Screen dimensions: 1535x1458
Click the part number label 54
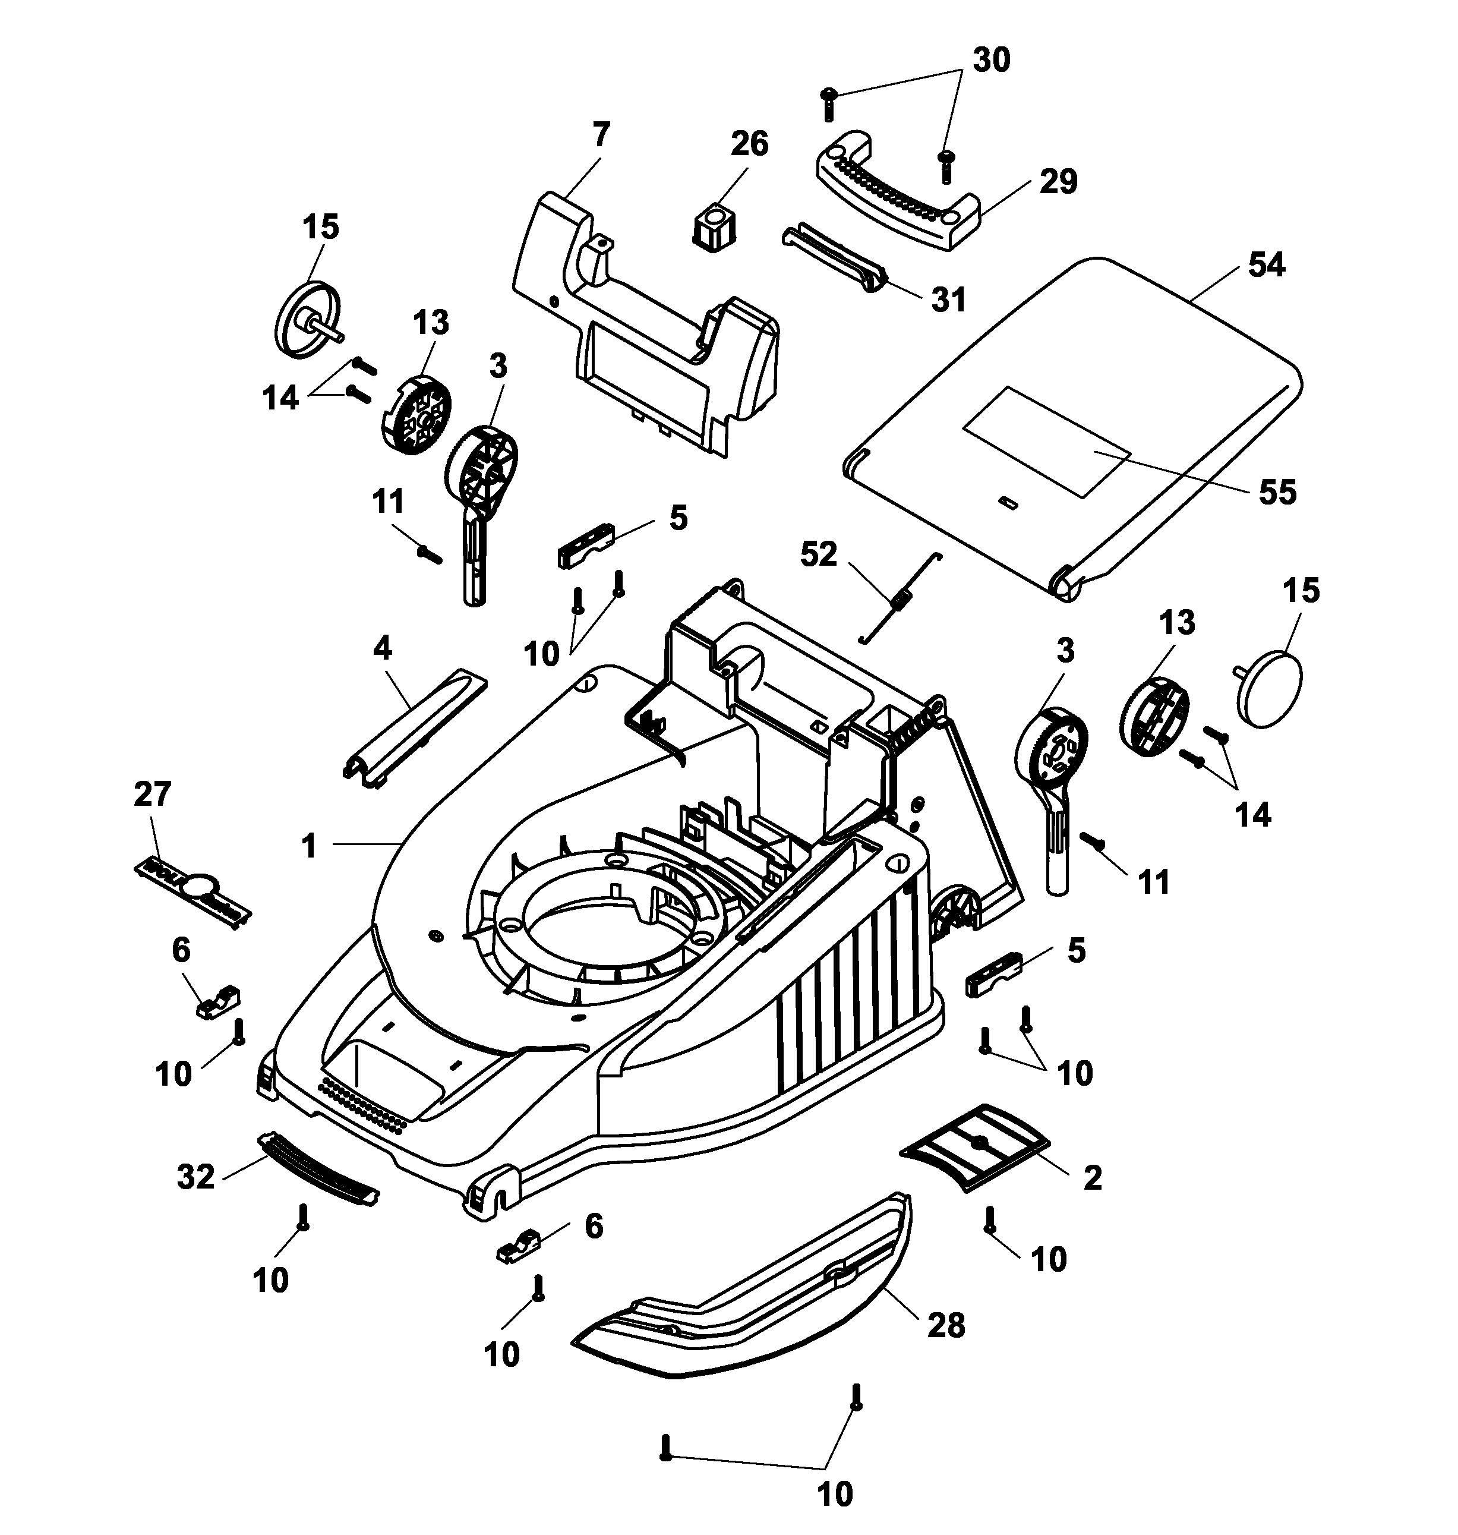pos(1266,265)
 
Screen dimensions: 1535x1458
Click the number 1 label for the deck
pos(310,846)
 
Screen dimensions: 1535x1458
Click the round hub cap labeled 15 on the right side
pos(1267,689)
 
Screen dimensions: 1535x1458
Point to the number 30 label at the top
pos(991,60)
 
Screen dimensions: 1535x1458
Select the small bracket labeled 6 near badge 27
pos(217,1002)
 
